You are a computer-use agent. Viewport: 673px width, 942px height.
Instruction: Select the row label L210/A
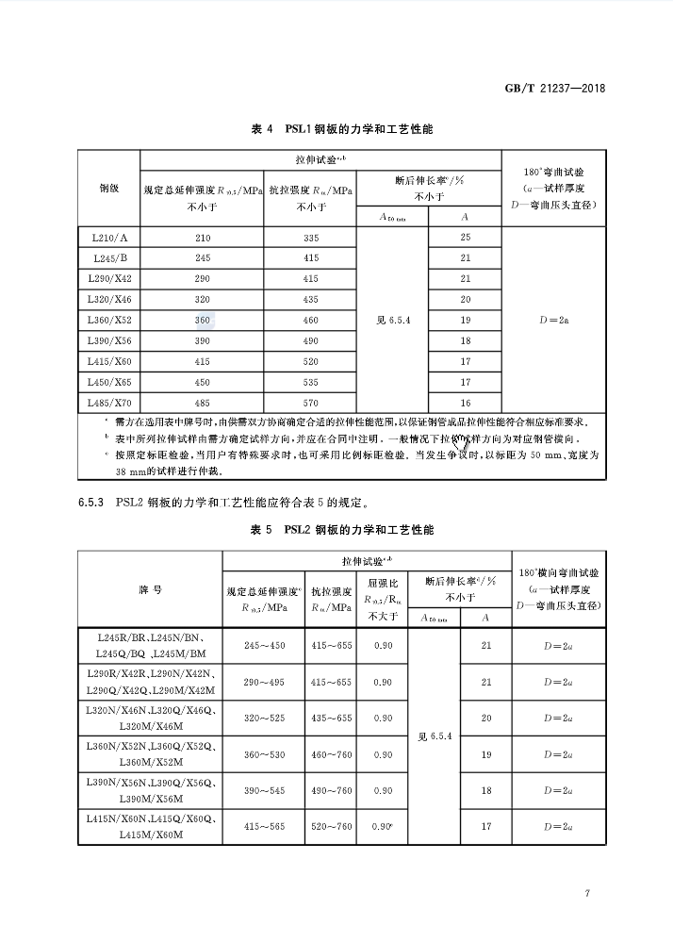pyautogui.click(x=108, y=238)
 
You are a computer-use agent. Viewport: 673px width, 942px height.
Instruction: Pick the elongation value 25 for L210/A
pyautogui.click(x=465, y=238)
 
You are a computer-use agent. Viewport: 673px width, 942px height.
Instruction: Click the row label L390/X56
pyautogui.click(x=108, y=341)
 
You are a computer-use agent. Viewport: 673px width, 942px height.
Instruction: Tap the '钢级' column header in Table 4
pyautogui.click(x=108, y=189)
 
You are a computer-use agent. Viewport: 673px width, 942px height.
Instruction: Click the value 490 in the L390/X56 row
pyautogui.click(x=312, y=341)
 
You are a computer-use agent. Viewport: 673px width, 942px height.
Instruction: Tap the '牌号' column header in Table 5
pyautogui.click(x=150, y=589)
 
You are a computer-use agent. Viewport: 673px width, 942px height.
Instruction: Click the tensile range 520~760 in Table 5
pyautogui.click(x=330, y=827)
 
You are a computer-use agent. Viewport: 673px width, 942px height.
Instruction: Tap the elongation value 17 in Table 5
pyautogui.click(x=486, y=827)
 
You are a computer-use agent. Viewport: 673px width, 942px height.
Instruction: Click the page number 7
pyautogui.click(x=586, y=893)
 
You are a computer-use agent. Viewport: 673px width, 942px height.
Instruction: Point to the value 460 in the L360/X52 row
pyautogui.click(x=312, y=321)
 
